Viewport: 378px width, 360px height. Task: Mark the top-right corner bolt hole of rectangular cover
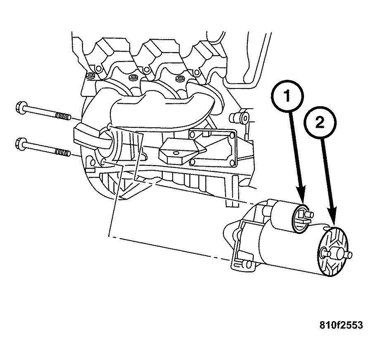[x=232, y=135]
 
